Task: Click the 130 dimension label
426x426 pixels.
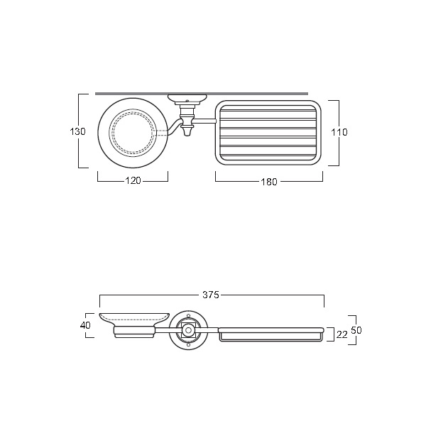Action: click(77, 131)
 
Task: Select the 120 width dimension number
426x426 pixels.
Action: click(133, 180)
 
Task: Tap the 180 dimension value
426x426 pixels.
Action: click(269, 182)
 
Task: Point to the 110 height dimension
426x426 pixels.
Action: click(339, 132)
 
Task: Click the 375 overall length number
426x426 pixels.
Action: click(211, 295)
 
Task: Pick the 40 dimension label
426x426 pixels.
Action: click(85, 325)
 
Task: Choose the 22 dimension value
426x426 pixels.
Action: click(342, 334)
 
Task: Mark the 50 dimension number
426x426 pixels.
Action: click(356, 330)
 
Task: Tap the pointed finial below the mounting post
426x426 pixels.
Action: click(186, 132)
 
